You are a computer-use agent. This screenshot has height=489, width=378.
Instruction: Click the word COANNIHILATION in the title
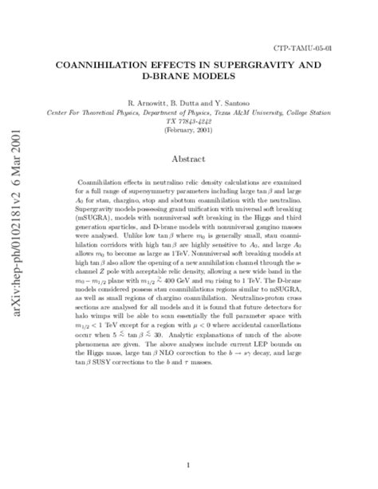[x=112, y=66]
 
